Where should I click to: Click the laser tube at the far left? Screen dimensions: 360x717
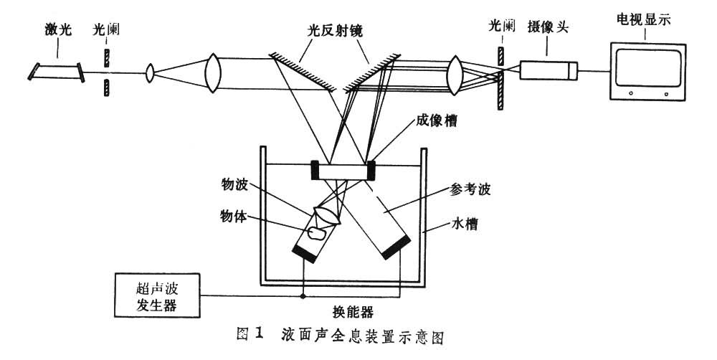pyautogui.click(x=57, y=70)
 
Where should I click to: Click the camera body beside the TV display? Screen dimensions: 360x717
pyautogui.click(x=549, y=70)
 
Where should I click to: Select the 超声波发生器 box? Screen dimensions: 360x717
pyautogui.click(x=157, y=296)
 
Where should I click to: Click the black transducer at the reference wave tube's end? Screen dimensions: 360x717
pyautogui.click(x=397, y=245)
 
